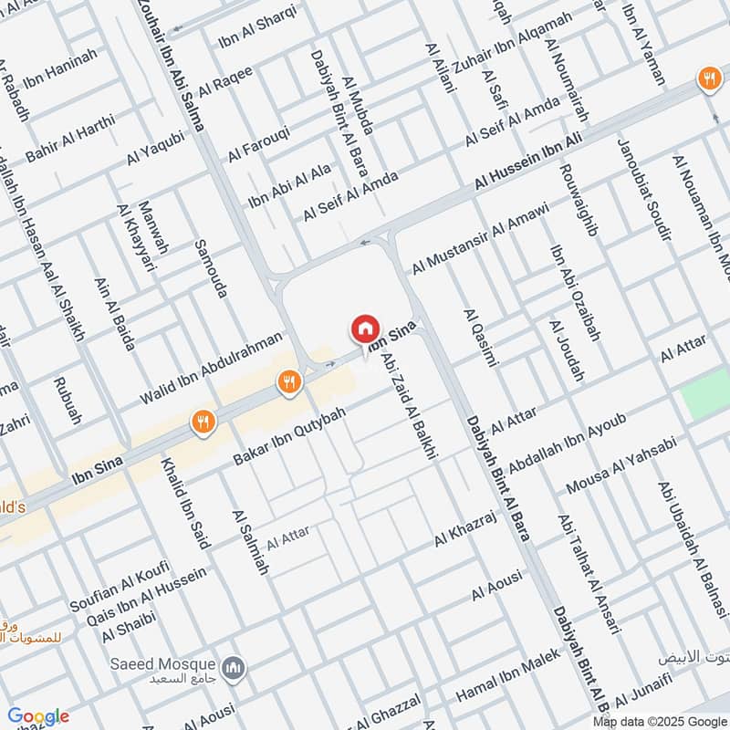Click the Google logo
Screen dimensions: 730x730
coord(37,716)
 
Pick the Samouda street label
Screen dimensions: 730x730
coord(211,269)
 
